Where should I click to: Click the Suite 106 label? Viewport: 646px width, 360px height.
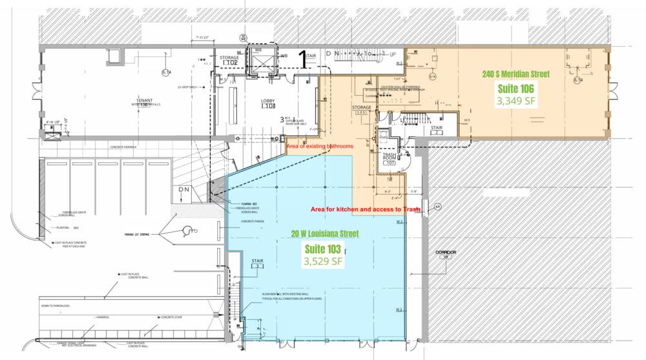(516, 89)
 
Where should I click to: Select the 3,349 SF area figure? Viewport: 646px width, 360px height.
(516, 101)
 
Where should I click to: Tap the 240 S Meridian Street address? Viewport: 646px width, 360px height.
(516, 74)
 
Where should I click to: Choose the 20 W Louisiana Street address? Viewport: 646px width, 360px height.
(324, 233)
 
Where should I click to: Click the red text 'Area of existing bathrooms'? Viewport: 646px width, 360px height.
(319, 147)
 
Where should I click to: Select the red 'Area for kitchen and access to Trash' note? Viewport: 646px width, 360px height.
(366, 209)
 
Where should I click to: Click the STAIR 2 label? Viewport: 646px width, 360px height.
(437, 129)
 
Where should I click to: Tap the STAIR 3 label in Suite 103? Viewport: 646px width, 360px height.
(256, 263)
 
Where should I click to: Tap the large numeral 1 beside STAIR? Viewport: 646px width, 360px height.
(301, 59)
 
